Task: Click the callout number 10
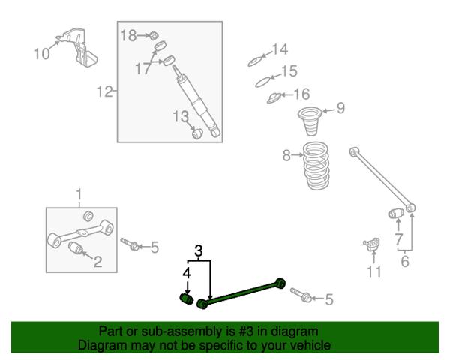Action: (x=41, y=54)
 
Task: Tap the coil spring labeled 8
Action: (x=316, y=166)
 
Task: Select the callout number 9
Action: (x=340, y=108)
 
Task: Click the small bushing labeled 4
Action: (x=187, y=298)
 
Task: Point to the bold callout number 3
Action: (x=199, y=251)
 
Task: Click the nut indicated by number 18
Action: (x=154, y=36)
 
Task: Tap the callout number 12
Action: (x=104, y=91)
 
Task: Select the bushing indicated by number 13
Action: (x=197, y=133)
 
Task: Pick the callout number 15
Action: (x=289, y=71)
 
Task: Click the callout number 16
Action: (x=302, y=94)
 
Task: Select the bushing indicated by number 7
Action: (x=396, y=213)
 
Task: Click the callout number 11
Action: (x=374, y=271)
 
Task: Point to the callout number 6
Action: (x=405, y=261)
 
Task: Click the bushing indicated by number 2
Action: (x=76, y=248)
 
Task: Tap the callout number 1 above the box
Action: (x=79, y=195)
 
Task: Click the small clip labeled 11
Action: (x=372, y=244)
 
